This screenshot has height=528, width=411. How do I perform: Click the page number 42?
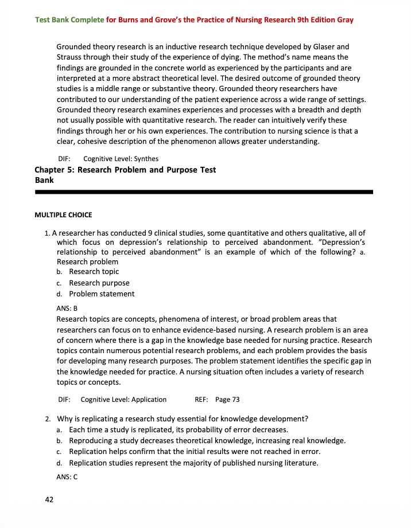tap(49, 500)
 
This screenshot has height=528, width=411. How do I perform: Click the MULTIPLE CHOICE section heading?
tap(63, 215)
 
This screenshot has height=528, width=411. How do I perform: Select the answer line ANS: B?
tap(67, 308)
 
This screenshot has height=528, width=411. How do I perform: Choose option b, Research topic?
tap(94, 272)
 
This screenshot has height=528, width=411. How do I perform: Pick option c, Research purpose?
tap(99, 283)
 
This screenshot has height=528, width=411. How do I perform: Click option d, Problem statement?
tap(102, 294)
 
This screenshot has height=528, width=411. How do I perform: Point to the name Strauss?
tap(71, 57)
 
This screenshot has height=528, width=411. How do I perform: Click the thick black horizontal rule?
tap(204, 191)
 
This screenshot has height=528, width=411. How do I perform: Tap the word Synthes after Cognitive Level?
tap(146, 159)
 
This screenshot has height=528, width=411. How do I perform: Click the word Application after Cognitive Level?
tap(146, 400)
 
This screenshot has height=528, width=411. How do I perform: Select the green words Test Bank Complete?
tap(69, 20)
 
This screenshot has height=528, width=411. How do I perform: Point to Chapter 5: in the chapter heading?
tap(55, 170)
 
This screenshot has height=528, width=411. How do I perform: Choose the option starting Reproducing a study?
tap(207, 441)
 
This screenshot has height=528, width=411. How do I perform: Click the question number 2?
tap(48, 418)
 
